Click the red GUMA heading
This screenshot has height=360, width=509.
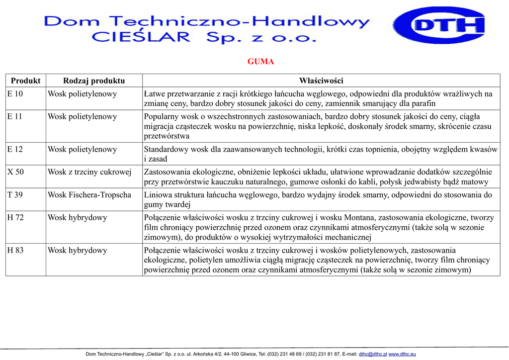tap(260, 62)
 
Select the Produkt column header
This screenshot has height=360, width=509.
tap(25, 81)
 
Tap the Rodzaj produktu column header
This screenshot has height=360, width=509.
tap(94, 81)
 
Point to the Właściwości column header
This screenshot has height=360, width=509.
tap(321, 81)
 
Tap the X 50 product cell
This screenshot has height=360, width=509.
tap(15, 172)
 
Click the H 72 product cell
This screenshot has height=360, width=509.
tap(15, 218)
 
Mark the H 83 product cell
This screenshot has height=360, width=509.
tap(15, 251)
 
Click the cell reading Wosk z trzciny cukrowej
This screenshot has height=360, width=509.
tap(89, 172)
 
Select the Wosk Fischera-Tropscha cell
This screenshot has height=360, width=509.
tap(89, 195)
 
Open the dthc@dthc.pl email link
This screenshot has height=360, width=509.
tap(373, 354)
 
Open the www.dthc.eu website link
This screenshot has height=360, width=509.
tap(402, 354)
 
